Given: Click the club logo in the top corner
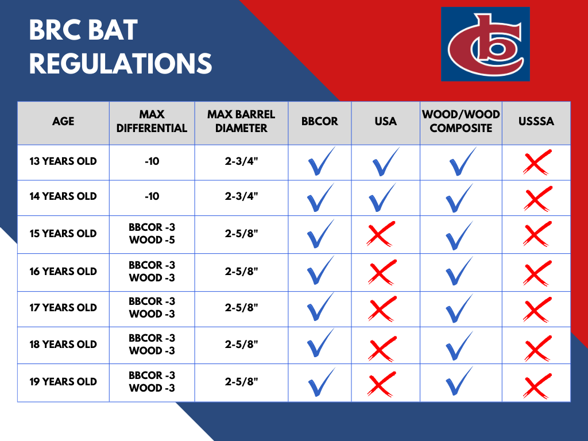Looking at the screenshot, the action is tap(485, 44).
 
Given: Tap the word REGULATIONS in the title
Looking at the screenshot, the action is tap(121, 63).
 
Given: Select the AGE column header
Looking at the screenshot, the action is tap(63, 121).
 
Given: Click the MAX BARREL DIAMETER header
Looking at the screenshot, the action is tap(241, 121).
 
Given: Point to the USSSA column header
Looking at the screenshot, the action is tap(536, 121).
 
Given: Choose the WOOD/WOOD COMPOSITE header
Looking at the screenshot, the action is tap(461, 121).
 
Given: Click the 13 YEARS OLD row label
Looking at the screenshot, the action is tap(63, 161).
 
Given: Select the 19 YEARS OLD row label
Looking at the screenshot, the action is tap(63, 382).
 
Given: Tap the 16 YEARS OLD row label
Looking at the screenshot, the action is tap(63, 272).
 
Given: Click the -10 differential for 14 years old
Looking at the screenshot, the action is tap(152, 196).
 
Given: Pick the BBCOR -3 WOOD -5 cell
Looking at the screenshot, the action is tap(152, 234).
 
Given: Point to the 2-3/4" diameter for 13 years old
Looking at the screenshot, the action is tap(242, 161).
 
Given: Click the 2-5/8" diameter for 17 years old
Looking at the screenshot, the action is tap(242, 308).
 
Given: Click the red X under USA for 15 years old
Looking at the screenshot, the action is tap(381, 234).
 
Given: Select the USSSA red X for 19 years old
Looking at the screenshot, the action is tap(537, 385).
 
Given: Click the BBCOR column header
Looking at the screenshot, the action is tap(319, 121).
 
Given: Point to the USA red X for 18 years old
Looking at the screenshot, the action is tap(382, 349).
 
